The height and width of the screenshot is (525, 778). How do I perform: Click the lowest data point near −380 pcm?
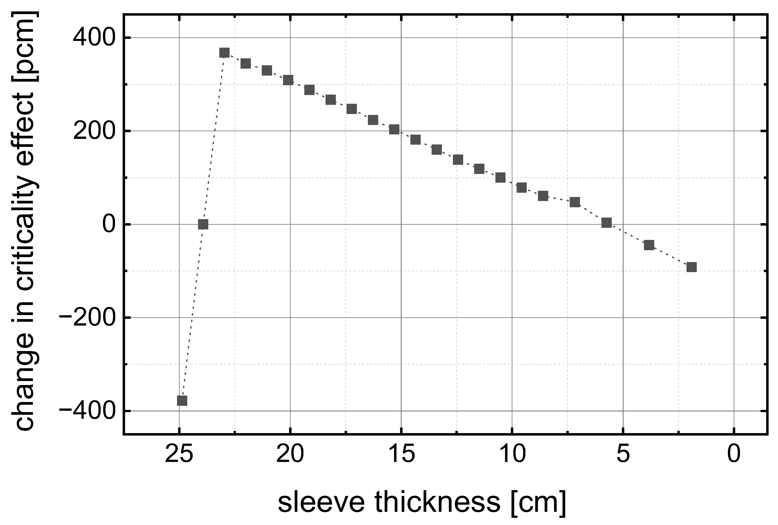click(182, 400)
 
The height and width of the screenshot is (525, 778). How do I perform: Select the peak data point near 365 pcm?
click(224, 53)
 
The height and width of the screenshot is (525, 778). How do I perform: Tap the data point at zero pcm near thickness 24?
click(203, 224)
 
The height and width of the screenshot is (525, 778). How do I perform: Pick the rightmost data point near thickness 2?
click(691, 267)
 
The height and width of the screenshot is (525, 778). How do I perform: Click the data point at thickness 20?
click(288, 80)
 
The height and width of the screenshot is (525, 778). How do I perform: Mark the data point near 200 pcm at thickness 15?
click(394, 129)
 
